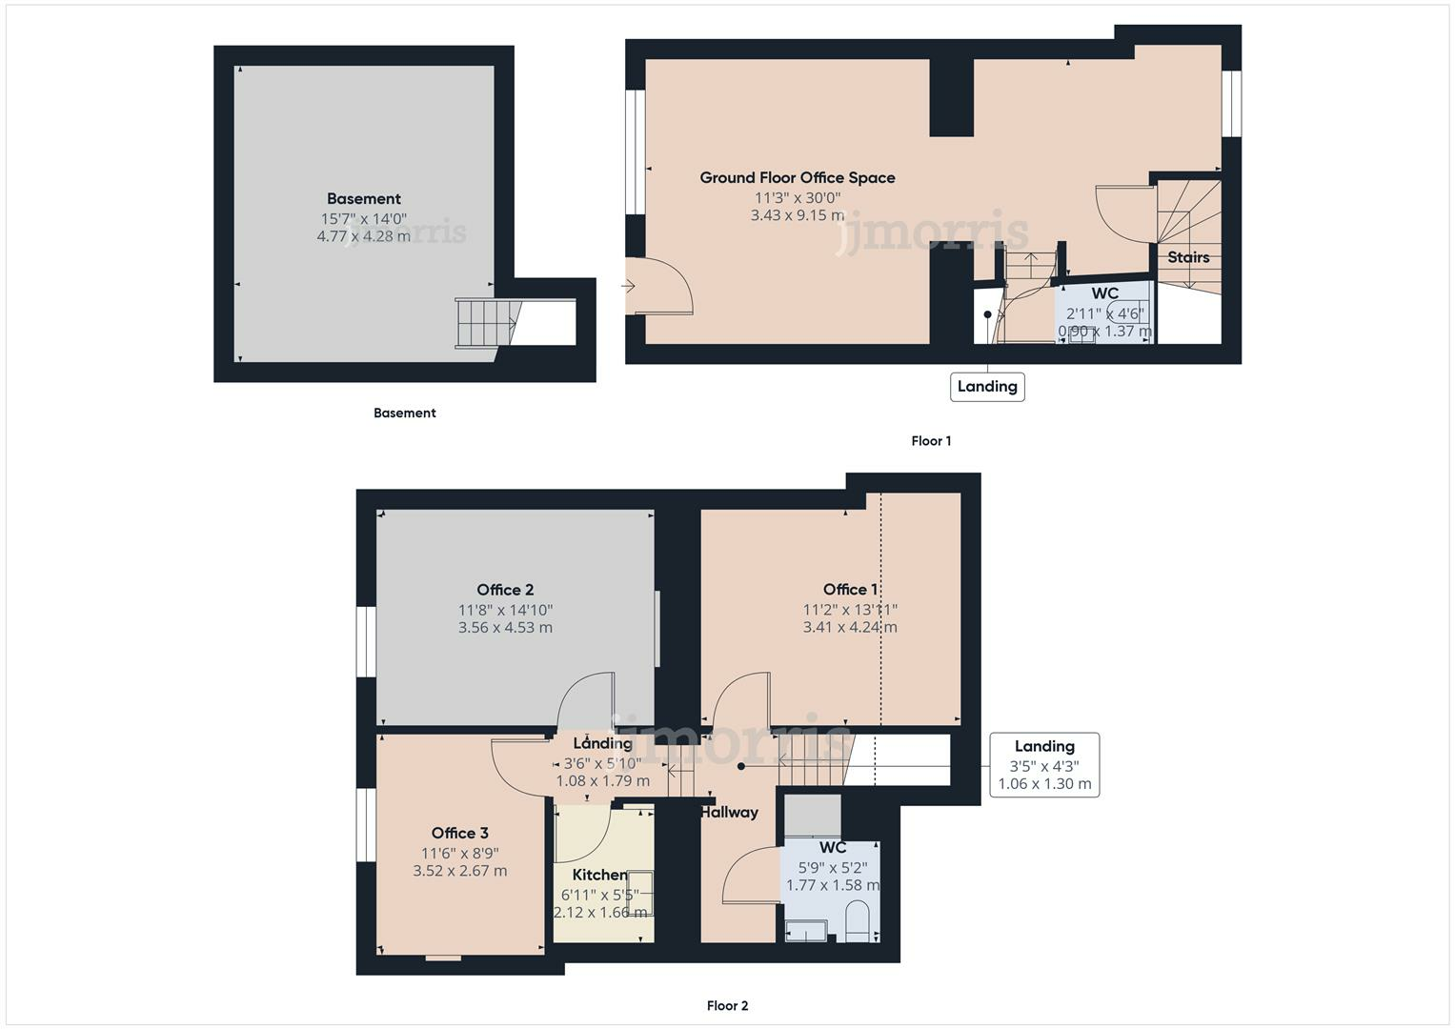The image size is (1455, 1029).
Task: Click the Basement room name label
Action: coord(363,199)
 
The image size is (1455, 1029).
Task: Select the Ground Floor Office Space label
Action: coord(797,177)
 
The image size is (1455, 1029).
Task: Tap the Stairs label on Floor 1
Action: coord(1188,257)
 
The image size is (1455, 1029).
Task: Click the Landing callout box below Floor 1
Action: coord(987,386)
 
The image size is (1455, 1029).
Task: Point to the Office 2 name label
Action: coord(505,590)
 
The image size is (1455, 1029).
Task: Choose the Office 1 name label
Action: coord(850,590)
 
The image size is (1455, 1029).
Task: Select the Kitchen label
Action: coord(599,875)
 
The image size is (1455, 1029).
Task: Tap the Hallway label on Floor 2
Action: coord(729,812)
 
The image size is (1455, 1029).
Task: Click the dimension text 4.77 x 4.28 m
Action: coord(363,235)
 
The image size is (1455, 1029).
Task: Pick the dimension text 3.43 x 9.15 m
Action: coord(797,215)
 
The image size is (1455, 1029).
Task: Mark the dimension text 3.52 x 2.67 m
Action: coord(459,871)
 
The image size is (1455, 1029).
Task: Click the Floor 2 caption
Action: coord(727,1005)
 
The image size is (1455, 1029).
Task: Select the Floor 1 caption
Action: coord(931,440)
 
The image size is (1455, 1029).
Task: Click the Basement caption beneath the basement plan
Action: coord(404,413)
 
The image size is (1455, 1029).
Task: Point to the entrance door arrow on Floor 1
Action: coord(628,286)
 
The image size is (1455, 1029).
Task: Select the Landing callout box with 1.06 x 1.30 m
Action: coord(1044,765)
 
